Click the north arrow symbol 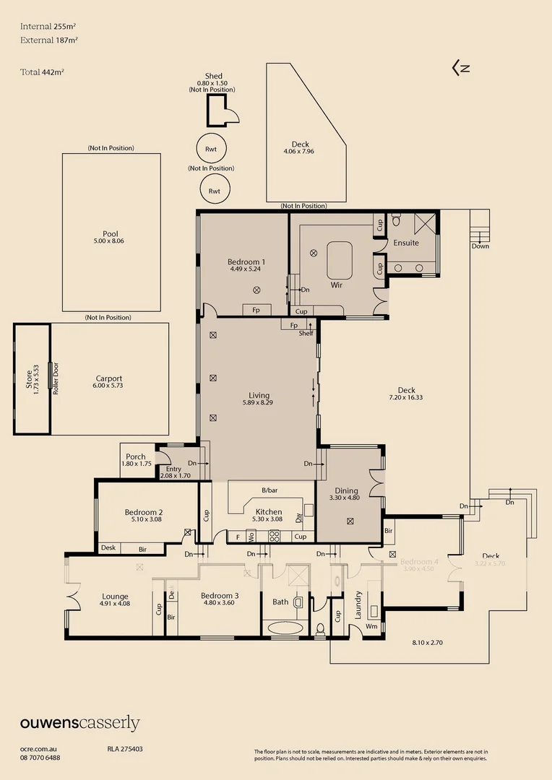461,69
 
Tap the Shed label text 213,76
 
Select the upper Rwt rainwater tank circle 212,149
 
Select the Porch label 135,456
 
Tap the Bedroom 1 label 246,262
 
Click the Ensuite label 405,243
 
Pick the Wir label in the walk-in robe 336,285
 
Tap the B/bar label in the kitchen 269,490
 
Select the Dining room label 346,491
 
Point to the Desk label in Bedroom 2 108,548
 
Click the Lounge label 116,597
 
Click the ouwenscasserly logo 79,723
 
